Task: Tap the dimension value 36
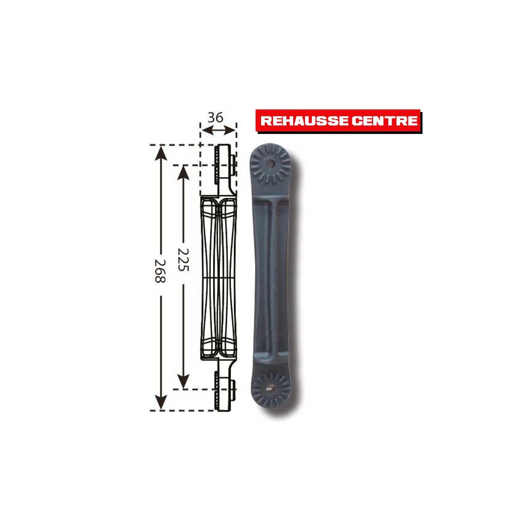point(216,117)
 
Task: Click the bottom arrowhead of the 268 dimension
point(159,403)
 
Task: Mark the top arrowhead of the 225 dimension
point(183,171)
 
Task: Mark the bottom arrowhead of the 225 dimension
point(183,382)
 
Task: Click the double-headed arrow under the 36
point(218,130)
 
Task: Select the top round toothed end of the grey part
point(270,164)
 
